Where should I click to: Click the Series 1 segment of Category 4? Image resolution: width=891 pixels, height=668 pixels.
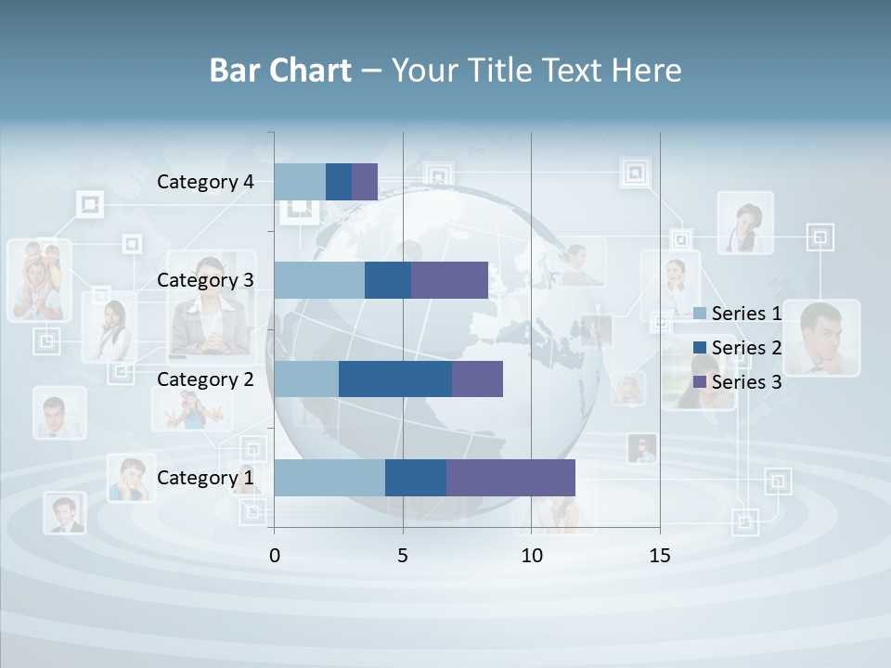(300, 182)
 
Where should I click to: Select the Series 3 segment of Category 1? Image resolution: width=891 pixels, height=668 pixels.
(510, 478)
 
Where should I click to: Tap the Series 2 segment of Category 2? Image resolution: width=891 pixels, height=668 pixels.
(395, 379)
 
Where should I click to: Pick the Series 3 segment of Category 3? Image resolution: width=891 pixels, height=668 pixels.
(449, 280)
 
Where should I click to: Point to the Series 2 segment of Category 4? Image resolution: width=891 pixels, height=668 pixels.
(339, 182)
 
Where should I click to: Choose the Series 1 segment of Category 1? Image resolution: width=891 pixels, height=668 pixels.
(329, 478)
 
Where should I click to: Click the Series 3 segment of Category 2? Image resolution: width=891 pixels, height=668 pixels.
(477, 379)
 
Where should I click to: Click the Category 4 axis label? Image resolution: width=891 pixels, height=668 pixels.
(205, 182)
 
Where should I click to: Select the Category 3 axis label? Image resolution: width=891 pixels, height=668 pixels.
(205, 280)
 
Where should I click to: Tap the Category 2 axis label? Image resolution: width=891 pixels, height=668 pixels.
(205, 379)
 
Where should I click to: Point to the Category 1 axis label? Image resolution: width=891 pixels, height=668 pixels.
(205, 478)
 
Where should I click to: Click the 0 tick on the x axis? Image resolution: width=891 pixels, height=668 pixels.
(274, 556)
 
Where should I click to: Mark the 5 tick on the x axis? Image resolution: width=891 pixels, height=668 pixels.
(403, 556)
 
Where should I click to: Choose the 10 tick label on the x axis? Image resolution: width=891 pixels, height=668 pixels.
(531, 556)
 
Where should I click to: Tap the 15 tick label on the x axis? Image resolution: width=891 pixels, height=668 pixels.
(660, 556)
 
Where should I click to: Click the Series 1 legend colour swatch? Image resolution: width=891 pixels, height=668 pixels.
(700, 314)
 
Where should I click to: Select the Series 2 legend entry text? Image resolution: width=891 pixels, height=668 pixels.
(746, 348)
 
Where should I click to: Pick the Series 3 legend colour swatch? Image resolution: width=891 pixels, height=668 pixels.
(700, 382)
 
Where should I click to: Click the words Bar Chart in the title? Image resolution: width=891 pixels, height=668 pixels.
(280, 71)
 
